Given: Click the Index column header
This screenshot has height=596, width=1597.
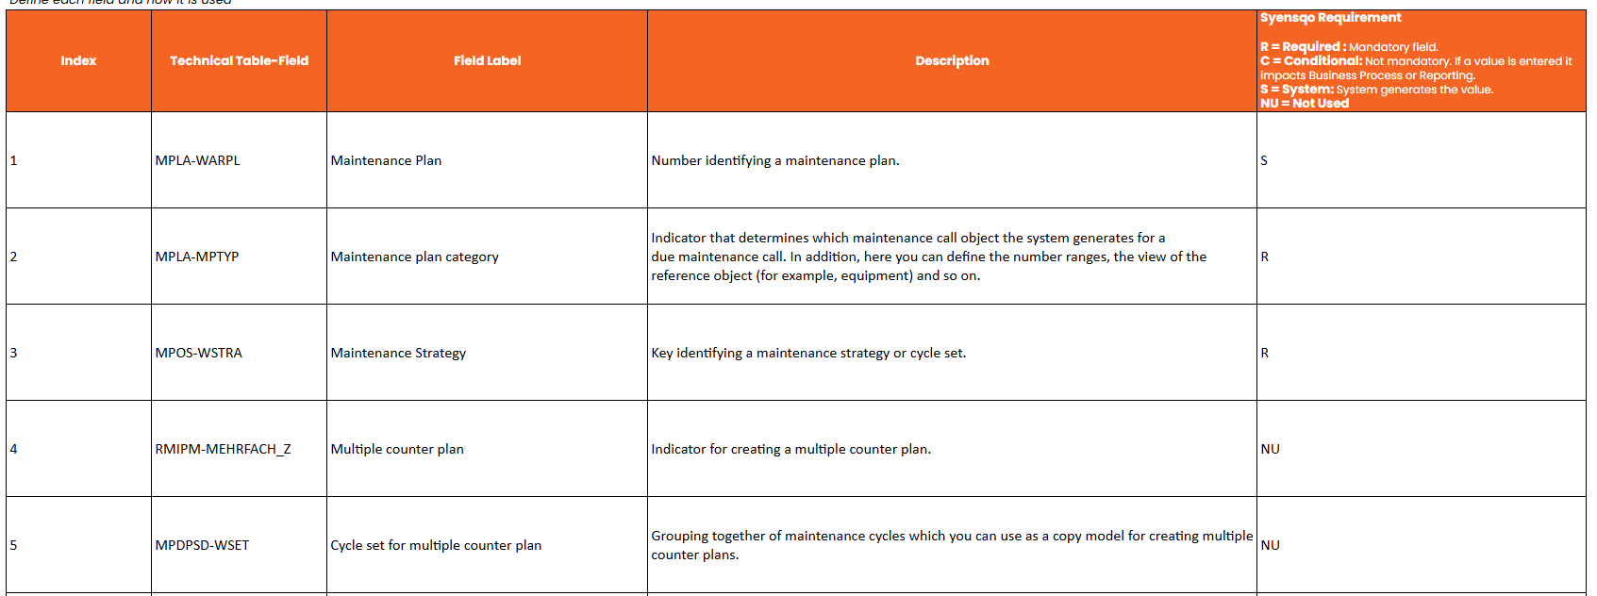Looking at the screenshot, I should (x=78, y=61).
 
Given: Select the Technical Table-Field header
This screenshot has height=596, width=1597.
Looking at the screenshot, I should (x=239, y=61).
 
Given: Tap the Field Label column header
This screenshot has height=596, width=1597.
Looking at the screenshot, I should (x=487, y=61).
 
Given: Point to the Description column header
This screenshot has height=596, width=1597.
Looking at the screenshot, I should (x=952, y=61).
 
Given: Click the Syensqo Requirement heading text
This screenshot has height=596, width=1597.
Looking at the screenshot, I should (x=1330, y=18).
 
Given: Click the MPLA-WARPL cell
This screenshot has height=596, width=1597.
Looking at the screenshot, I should (x=198, y=161).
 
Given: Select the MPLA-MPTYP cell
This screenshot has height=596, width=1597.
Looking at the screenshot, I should (x=197, y=257).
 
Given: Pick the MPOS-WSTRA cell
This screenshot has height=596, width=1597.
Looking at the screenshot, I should (x=199, y=354).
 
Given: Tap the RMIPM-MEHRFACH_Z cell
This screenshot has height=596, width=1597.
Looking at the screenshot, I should (x=224, y=450).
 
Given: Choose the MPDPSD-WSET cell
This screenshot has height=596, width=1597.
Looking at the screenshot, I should (x=203, y=546).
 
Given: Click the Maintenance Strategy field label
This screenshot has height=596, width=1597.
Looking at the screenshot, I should (x=398, y=354).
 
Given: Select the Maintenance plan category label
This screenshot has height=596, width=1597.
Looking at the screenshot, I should (x=414, y=257).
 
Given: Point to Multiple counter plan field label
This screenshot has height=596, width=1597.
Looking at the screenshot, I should (x=397, y=450).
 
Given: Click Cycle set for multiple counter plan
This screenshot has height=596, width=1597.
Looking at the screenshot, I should (x=436, y=546).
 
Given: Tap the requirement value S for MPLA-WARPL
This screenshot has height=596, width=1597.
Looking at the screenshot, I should (x=1264, y=161).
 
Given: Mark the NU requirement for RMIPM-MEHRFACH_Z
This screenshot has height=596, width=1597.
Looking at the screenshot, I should (x=1270, y=450).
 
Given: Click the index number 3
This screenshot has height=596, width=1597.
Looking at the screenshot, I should (x=14, y=354).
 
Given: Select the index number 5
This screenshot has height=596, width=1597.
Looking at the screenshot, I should (x=14, y=546).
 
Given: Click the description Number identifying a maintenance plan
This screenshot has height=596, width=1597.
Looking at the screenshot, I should (x=775, y=161).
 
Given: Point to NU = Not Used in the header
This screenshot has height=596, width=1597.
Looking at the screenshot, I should (x=1305, y=104).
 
